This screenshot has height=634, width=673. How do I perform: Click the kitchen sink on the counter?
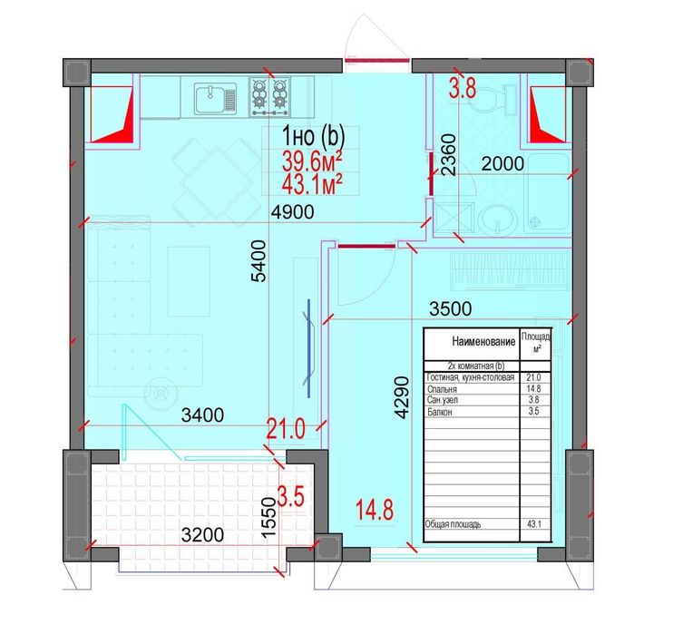click(x=216, y=99)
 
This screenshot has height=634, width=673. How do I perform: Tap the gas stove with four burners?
click(x=270, y=96)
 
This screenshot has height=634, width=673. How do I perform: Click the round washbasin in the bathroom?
click(x=497, y=219)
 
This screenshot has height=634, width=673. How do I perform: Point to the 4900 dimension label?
click(x=293, y=211)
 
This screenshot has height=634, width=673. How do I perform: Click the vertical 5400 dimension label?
click(x=258, y=261)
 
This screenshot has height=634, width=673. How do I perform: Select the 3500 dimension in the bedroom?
click(x=450, y=308)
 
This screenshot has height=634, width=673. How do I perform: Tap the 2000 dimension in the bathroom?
click(x=502, y=163)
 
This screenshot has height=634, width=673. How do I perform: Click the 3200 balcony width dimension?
click(x=202, y=535)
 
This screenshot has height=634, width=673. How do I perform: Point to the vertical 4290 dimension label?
click(x=402, y=397)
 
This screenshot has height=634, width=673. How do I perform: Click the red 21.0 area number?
click(x=286, y=429)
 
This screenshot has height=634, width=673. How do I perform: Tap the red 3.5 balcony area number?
click(x=291, y=496)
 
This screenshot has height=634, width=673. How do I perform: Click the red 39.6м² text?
click(x=312, y=162)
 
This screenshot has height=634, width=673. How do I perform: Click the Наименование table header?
click(x=483, y=342)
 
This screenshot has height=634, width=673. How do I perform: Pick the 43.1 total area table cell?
click(x=534, y=524)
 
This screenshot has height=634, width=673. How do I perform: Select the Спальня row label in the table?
click(x=442, y=389)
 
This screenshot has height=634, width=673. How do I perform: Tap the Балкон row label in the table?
click(x=440, y=412)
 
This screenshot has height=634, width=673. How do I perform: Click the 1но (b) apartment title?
click(x=313, y=136)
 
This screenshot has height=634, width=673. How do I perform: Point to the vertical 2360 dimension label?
click(x=448, y=154)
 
